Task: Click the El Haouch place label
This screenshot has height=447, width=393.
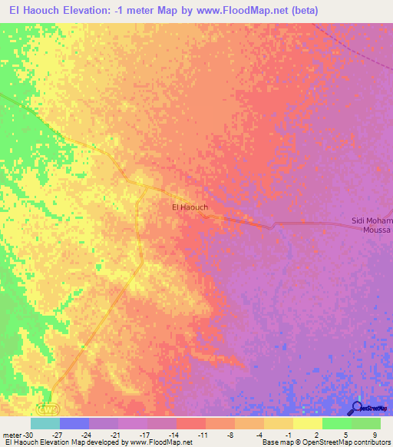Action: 189,207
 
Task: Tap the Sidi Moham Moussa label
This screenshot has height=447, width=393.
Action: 372,225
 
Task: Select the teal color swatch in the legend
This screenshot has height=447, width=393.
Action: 45,423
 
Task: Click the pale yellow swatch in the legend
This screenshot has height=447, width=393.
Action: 307,423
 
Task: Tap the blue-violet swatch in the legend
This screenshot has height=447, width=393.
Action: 74,423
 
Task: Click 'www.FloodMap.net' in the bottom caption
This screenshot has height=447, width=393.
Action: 160,442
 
